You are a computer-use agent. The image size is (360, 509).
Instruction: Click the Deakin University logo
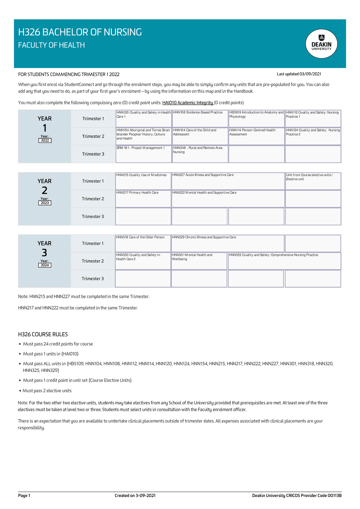click(321, 44)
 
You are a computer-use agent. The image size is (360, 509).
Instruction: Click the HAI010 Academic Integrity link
click(188, 103)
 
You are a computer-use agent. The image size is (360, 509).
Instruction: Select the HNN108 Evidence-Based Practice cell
click(200, 118)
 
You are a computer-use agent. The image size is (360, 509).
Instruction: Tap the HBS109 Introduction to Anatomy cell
click(256, 118)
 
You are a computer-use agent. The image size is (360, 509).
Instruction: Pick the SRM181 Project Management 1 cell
click(144, 154)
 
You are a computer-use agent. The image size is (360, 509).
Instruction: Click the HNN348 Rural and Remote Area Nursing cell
click(200, 154)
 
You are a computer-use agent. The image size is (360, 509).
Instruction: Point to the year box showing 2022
click(45, 140)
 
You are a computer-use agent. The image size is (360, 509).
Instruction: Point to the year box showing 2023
click(45, 203)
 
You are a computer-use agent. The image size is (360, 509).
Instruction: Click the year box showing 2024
click(45, 265)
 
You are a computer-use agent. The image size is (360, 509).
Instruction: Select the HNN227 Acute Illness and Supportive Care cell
click(228, 181)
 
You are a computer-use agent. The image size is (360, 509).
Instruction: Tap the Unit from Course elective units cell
click(313, 181)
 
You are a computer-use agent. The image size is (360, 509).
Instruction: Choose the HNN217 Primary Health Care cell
click(143, 199)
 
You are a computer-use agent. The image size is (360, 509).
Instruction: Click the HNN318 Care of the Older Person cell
click(143, 243)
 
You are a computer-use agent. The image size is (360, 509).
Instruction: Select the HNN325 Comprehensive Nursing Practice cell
click(284, 261)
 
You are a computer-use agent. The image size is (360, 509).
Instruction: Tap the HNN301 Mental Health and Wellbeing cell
click(199, 261)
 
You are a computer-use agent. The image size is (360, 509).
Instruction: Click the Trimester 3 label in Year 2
click(93, 217)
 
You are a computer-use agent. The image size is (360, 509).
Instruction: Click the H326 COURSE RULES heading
click(43, 334)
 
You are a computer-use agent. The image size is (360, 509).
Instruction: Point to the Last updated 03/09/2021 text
click(299, 74)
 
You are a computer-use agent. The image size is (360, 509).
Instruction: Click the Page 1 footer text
click(24, 496)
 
